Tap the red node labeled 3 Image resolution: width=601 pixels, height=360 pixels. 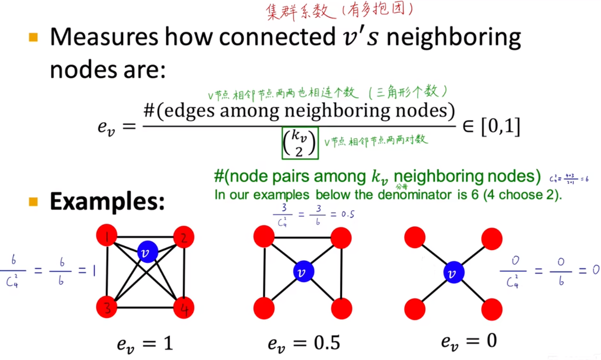107,307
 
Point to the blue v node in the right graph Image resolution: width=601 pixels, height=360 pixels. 452,273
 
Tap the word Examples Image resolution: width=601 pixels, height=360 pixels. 107,202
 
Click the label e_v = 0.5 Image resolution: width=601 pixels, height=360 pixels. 304,343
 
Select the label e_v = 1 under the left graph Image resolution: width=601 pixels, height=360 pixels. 145,343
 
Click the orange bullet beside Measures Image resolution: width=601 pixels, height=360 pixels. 33,37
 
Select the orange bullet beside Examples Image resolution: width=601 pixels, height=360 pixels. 33,201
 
